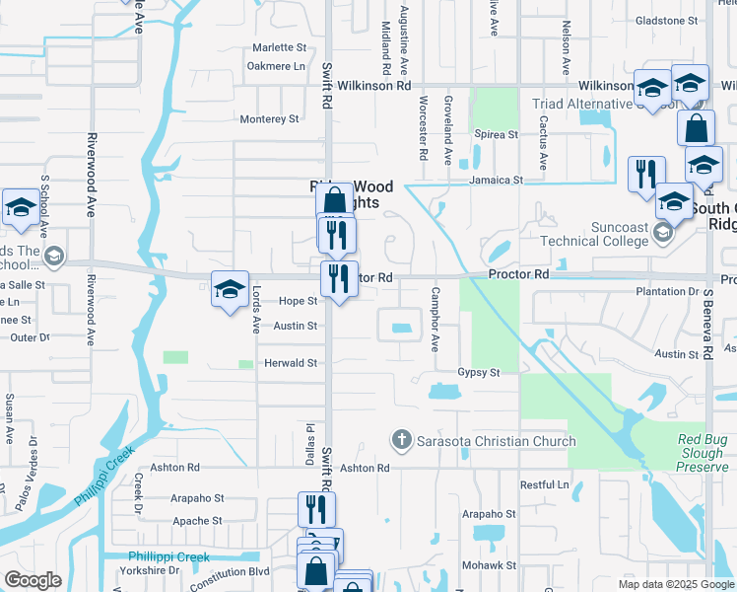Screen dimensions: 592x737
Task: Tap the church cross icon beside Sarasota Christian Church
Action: point(402,439)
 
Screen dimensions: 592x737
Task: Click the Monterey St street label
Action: point(269,119)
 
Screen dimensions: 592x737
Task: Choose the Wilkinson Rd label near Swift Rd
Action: point(373,86)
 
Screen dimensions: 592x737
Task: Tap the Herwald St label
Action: point(290,363)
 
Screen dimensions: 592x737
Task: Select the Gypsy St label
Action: point(479,372)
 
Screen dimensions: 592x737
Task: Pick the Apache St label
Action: point(197,521)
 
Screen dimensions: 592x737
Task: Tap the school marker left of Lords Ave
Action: point(230,290)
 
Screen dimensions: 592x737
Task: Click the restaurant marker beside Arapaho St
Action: point(316,510)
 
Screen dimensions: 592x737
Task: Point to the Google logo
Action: point(33,580)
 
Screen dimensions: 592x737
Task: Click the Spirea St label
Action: point(497,134)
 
